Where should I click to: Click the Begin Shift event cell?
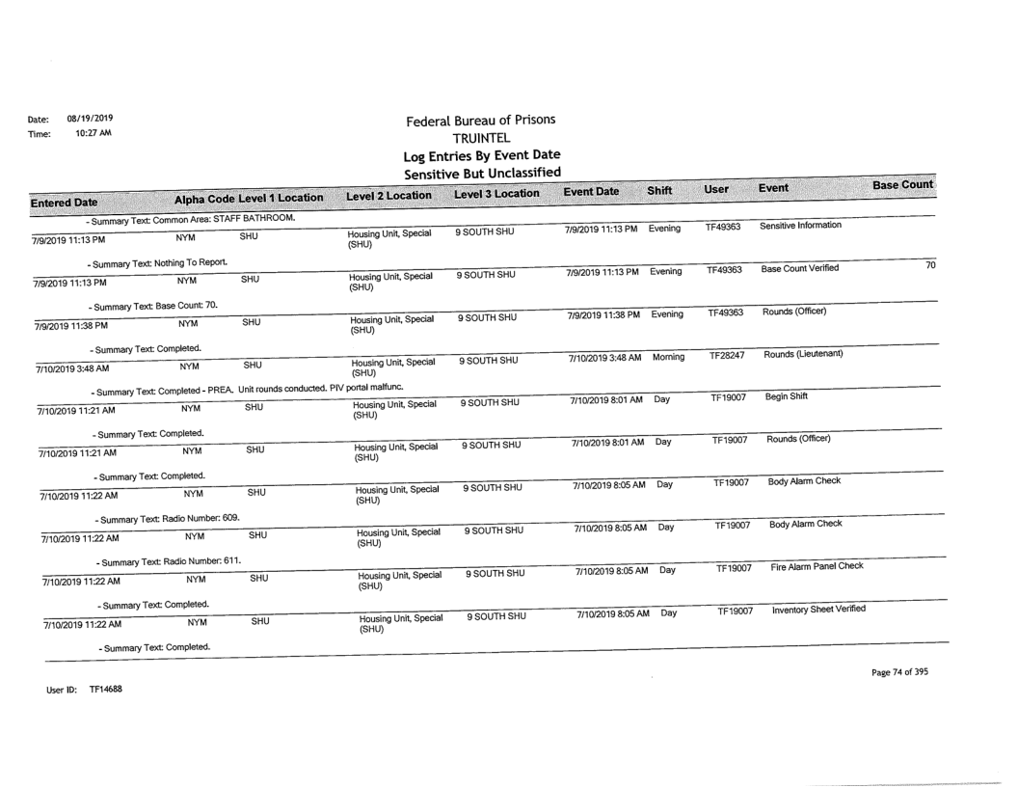(x=786, y=395)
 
